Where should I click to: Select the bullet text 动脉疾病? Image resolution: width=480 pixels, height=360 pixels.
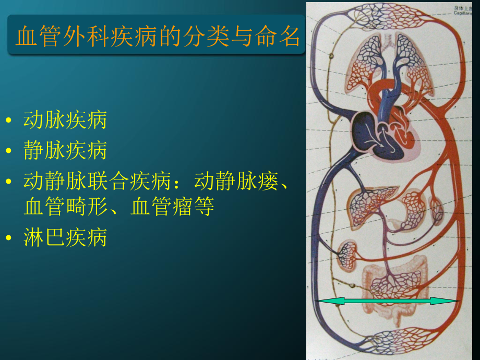click(x=65, y=120)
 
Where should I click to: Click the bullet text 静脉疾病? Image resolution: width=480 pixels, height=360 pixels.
click(x=65, y=151)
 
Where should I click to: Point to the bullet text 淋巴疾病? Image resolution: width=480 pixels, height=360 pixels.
click(x=65, y=237)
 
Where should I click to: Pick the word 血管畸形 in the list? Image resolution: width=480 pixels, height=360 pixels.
click(x=65, y=207)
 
